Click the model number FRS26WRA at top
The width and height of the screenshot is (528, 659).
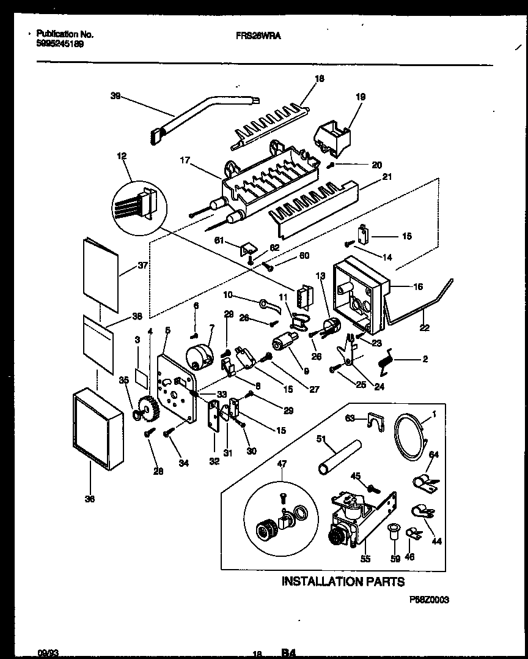coord(259,35)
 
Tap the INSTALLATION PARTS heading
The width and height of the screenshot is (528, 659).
coord(343,582)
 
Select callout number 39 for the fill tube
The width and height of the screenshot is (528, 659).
coord(115,95)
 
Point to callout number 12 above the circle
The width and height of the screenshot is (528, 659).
coord(122,157)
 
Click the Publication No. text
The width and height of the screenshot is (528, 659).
coord(65,35)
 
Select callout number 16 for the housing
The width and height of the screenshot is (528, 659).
coord(417,286)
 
